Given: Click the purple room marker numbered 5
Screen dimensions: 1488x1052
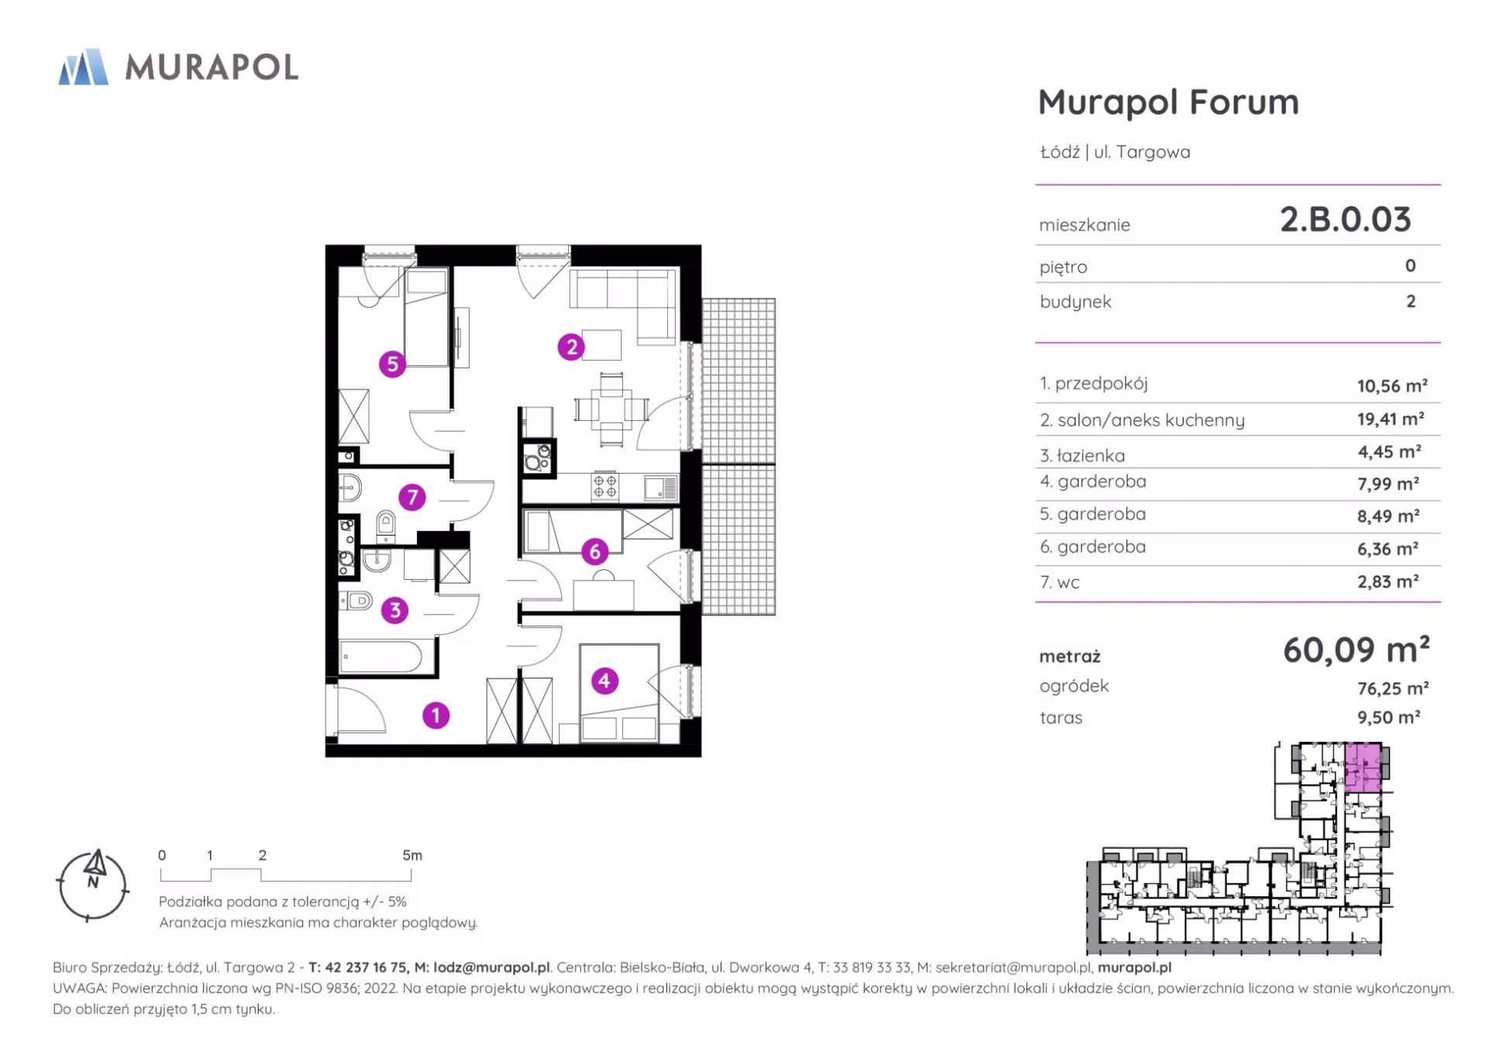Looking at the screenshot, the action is coord(392,364).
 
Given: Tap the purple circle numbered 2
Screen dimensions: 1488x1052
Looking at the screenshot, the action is coord(571,347).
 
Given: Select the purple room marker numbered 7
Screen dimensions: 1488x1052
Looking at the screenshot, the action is coord(412,496).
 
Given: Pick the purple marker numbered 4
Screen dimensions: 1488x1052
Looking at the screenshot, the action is coord(604,681).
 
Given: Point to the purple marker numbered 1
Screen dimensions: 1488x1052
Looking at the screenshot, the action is coord(436,715).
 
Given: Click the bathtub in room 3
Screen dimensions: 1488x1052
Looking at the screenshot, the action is coord(381,657).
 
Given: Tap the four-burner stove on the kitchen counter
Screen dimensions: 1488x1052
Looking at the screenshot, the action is coord(605,486).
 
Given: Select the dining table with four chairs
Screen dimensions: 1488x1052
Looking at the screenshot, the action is coord(611,409).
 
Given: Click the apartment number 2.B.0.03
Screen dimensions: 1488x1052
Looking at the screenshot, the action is coord(1345,219).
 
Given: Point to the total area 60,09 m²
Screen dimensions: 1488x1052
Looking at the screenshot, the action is coord(1356,650).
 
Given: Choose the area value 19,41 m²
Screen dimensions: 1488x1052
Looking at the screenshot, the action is coord(1390,419).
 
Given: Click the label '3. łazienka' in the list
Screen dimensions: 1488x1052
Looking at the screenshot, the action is coord(1083,455).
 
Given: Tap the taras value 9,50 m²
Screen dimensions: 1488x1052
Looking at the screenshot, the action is coord(1389,717).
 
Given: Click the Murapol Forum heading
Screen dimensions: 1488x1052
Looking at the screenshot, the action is coord(1168,102).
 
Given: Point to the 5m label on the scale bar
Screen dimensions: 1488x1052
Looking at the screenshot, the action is coord(412,855).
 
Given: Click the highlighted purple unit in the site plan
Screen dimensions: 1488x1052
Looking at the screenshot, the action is coord(1362,766).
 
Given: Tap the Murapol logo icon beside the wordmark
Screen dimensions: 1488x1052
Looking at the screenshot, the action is coord(83,67).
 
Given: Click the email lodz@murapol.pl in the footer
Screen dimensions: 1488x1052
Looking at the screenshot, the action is coord(491,967).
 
